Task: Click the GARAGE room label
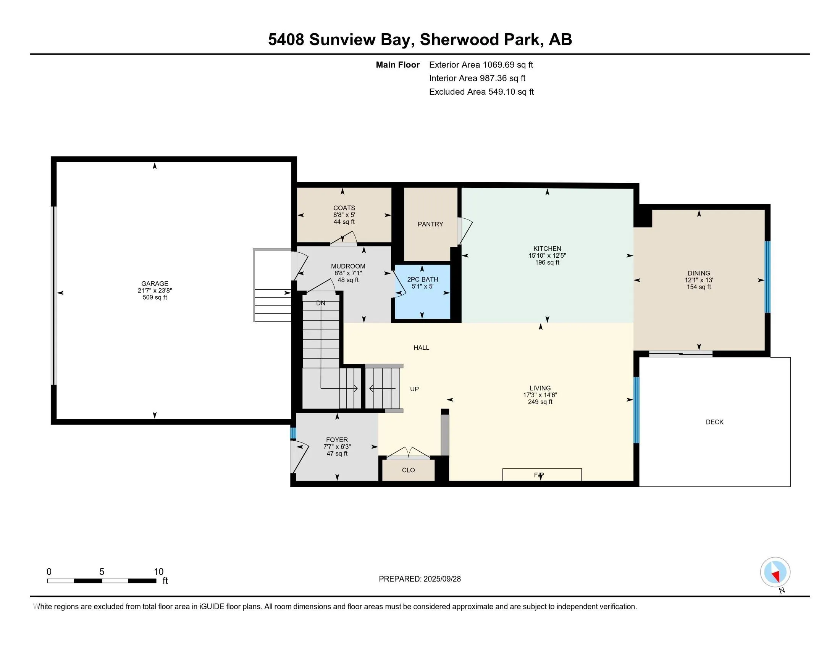pyautogui.click(x=155, y=283)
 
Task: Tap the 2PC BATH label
pyautogui.click(x=423, y=279)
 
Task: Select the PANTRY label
pyautogui.click(x=430, y=224)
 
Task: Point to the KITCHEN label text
pyautogui.click(x=547, y=249)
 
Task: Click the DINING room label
pyautogui.click(x=699, y=273)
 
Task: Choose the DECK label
pyautogui.click(x=715, y=422)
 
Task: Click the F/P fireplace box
pyautogui.click(x=542, y=475)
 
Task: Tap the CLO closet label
pyautogui.click(x=409, y=470)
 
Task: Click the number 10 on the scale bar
pyautogui.click(x=158, y=572)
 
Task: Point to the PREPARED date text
pyautogui.click(x=420, y=579)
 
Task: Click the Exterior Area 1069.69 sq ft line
pyautogui.click(x=481, y=65)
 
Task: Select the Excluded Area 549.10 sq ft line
pyautogui.click(x=481, y=92)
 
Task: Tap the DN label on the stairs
pyautogui.click(x=321, y=303)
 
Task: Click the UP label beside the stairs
pyautogui.click(x=414, y=389)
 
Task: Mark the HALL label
pyautogui.click(x=421, y=347)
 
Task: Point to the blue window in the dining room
pyautogui.click(x=767, y=276)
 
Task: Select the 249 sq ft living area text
pyautogui.click(x=540, y=402)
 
